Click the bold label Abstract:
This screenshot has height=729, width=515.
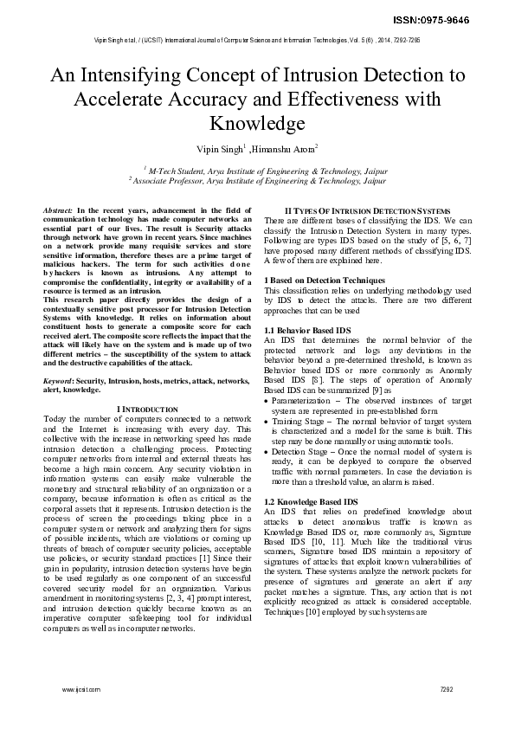(59, 211)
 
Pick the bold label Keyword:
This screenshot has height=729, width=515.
(59, 380)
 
